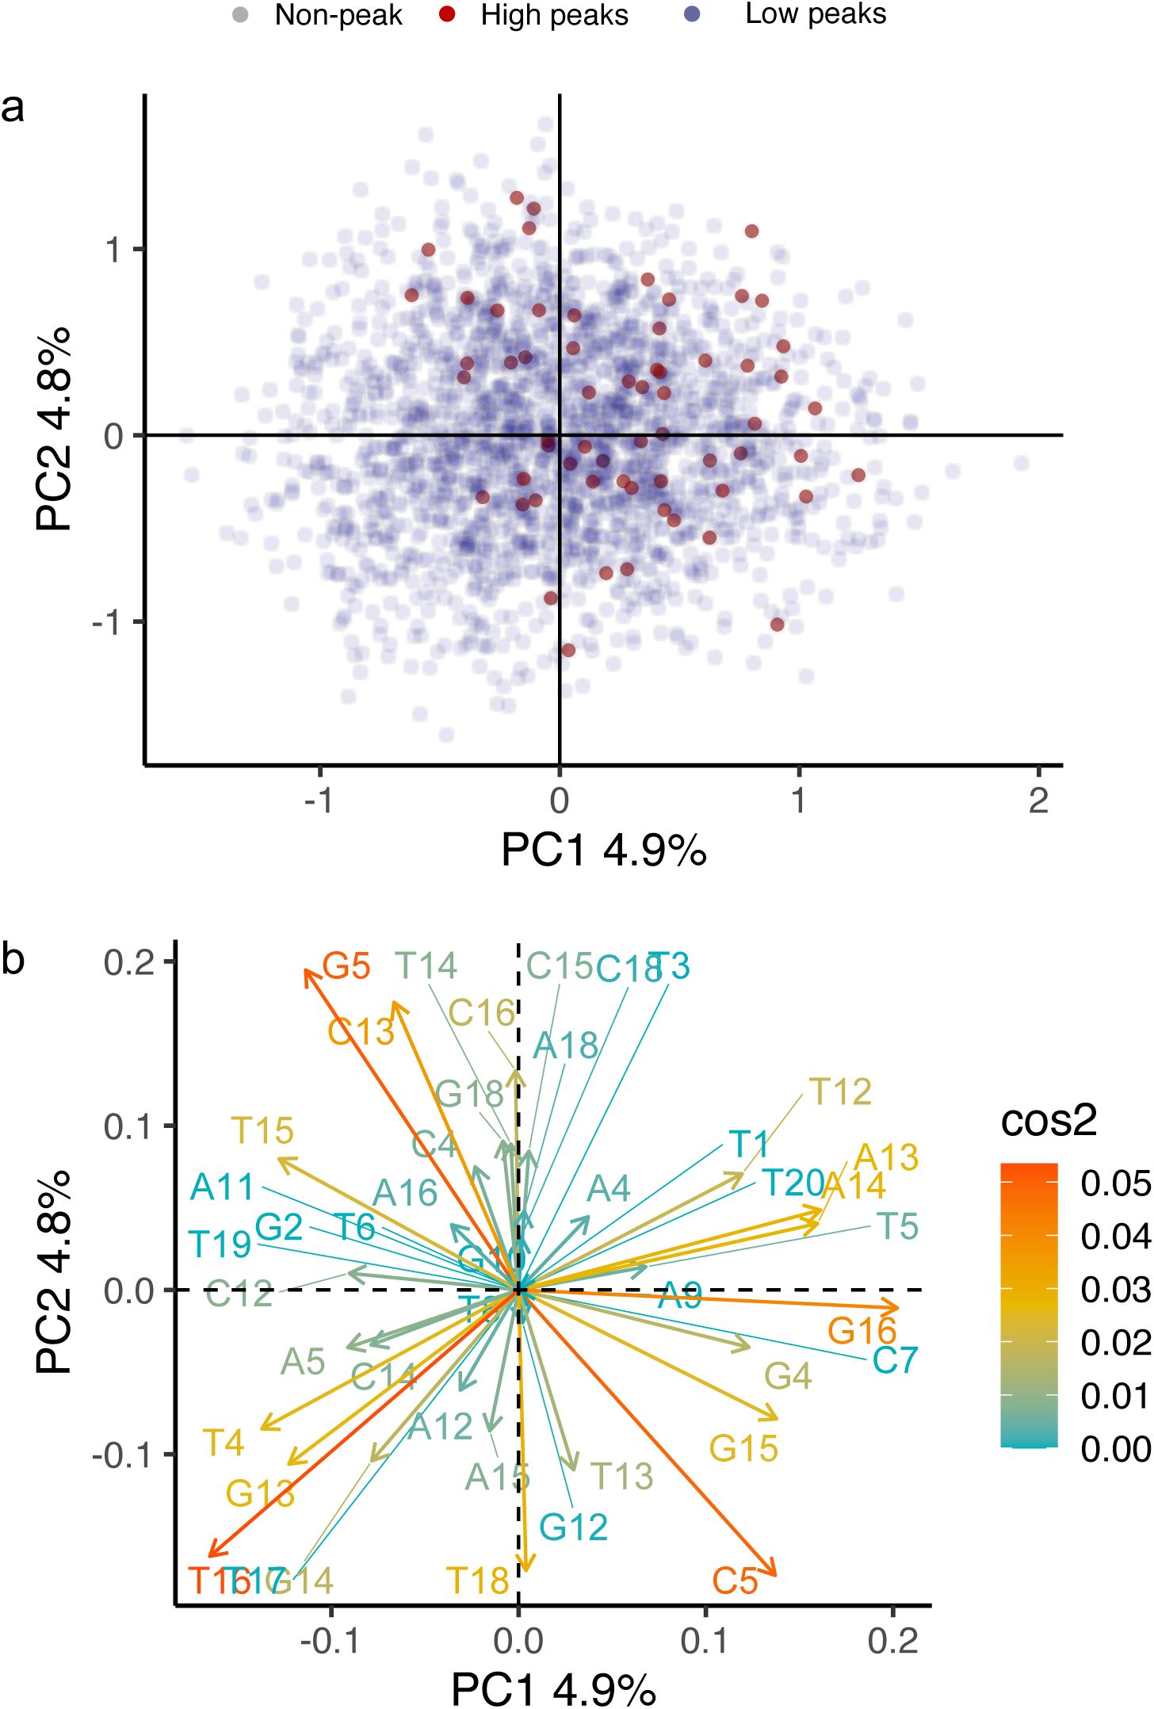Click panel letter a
click(13, 107)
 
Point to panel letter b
click(13, 958)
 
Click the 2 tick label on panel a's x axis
click(1038, 801)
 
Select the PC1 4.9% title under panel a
click(603, 850)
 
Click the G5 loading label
click(346, 966)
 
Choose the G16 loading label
click(862, 1331)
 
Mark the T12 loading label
click(840, 1092)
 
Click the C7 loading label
click(895, 1360)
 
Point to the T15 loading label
click(262, 1130)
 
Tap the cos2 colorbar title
click(1049, 1120)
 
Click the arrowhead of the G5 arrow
click(307, 971)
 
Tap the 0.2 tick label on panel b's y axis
click(128, 962)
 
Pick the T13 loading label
click(622, 1476)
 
